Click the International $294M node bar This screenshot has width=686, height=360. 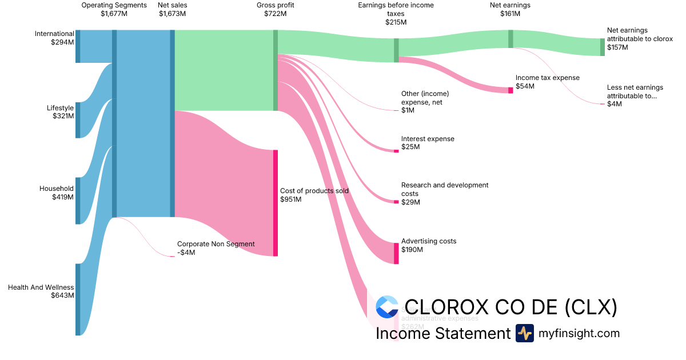coord(78,46)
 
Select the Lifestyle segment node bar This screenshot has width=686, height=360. coord(78,120)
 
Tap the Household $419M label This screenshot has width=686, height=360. coord(57,193)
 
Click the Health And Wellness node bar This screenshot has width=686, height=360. coord(78,299)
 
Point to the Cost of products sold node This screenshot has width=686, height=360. coord(275,203)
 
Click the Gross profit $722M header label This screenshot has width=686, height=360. coord(275,10)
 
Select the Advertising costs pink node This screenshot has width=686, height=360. coord(396,253)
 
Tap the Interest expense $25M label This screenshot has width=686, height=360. coord(428,143)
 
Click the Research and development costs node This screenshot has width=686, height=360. coord(396,202)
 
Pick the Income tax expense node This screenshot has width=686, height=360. coord(510,90)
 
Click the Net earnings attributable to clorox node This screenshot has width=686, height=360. coord(602,47)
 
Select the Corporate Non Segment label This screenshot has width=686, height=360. coord(216,248)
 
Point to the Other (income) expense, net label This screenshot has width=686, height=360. coord(425,102)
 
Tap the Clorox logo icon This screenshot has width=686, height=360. coord(387,307)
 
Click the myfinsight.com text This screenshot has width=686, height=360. coord(579,333)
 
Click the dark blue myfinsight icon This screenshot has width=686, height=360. coord(524,333)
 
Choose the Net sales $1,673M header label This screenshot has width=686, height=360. coord(172,10)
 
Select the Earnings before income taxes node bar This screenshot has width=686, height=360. coord(396,50)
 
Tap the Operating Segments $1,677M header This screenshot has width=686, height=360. coord(114,10)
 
